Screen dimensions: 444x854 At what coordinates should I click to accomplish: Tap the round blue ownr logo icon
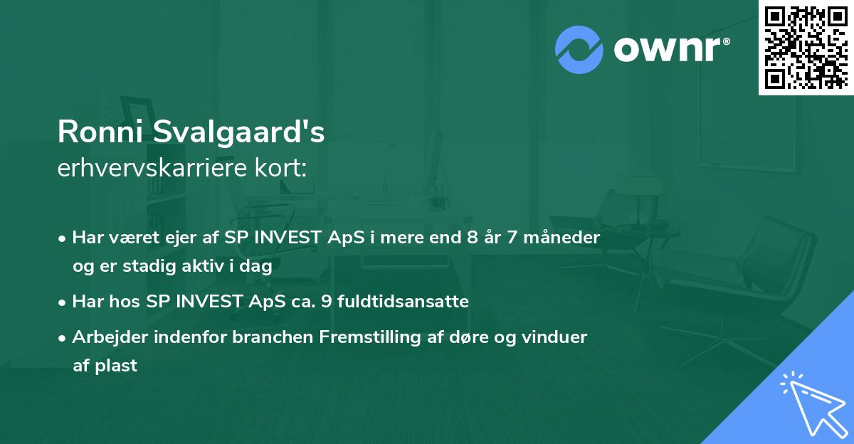[579, 49]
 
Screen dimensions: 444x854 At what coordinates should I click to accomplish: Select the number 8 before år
[472, 237]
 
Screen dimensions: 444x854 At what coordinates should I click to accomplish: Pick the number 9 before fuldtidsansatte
[327, 302]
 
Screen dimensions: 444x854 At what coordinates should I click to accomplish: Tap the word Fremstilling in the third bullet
[379, 337]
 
